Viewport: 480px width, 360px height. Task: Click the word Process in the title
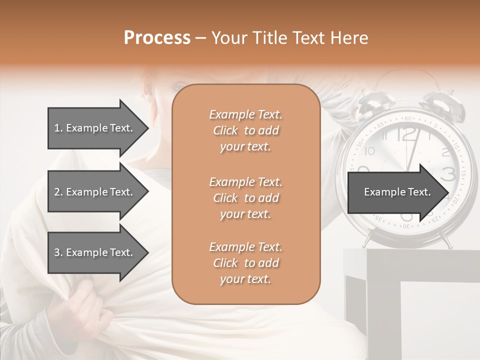pyautogui.click(x=157, y=38)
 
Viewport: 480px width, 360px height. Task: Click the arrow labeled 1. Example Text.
pyautogui.click(x=95, y=128)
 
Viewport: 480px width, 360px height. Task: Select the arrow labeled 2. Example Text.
pyautogui.click(x=95, y=192)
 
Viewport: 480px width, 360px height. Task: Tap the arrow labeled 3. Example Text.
pyautogui.click(x=95, y=252)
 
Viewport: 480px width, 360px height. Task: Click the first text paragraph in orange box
pyautogui.click(x=246, y=130)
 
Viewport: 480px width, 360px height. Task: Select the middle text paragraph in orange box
pyautogui.click(x=246, y=198)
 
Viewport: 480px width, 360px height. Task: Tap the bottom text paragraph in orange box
pyautogui.click(x=246, y=263)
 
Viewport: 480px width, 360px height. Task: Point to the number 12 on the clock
pyautogui.click(x=407, y=134)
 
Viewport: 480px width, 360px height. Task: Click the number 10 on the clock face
pyautogui.click(x=370, y=151)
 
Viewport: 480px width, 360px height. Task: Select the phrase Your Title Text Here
pyautogui.click(x=289, y=38)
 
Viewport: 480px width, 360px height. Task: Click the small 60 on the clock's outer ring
pyautogui.click(x=408, y=118)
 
